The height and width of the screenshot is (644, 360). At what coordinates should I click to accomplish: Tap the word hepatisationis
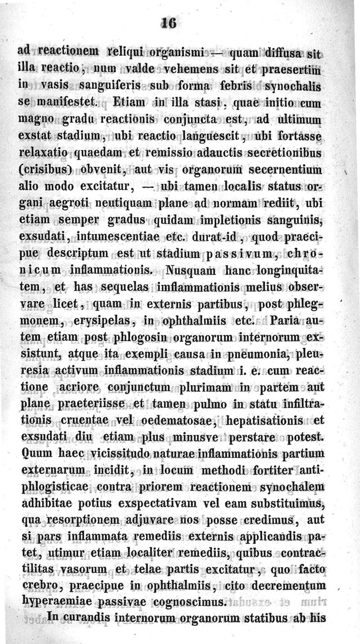pyautogui.click(x=261, y=420)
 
